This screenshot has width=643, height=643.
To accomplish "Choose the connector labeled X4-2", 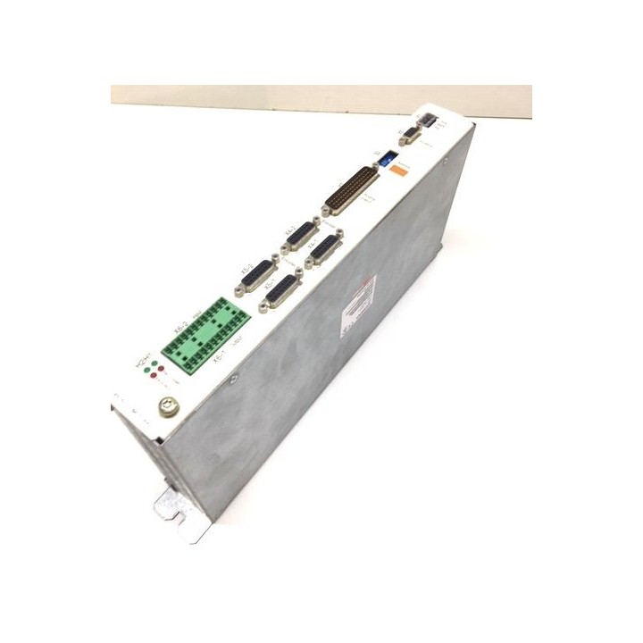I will tap(296, 238).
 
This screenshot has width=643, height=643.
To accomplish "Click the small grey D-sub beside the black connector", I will tap(410, 137).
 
